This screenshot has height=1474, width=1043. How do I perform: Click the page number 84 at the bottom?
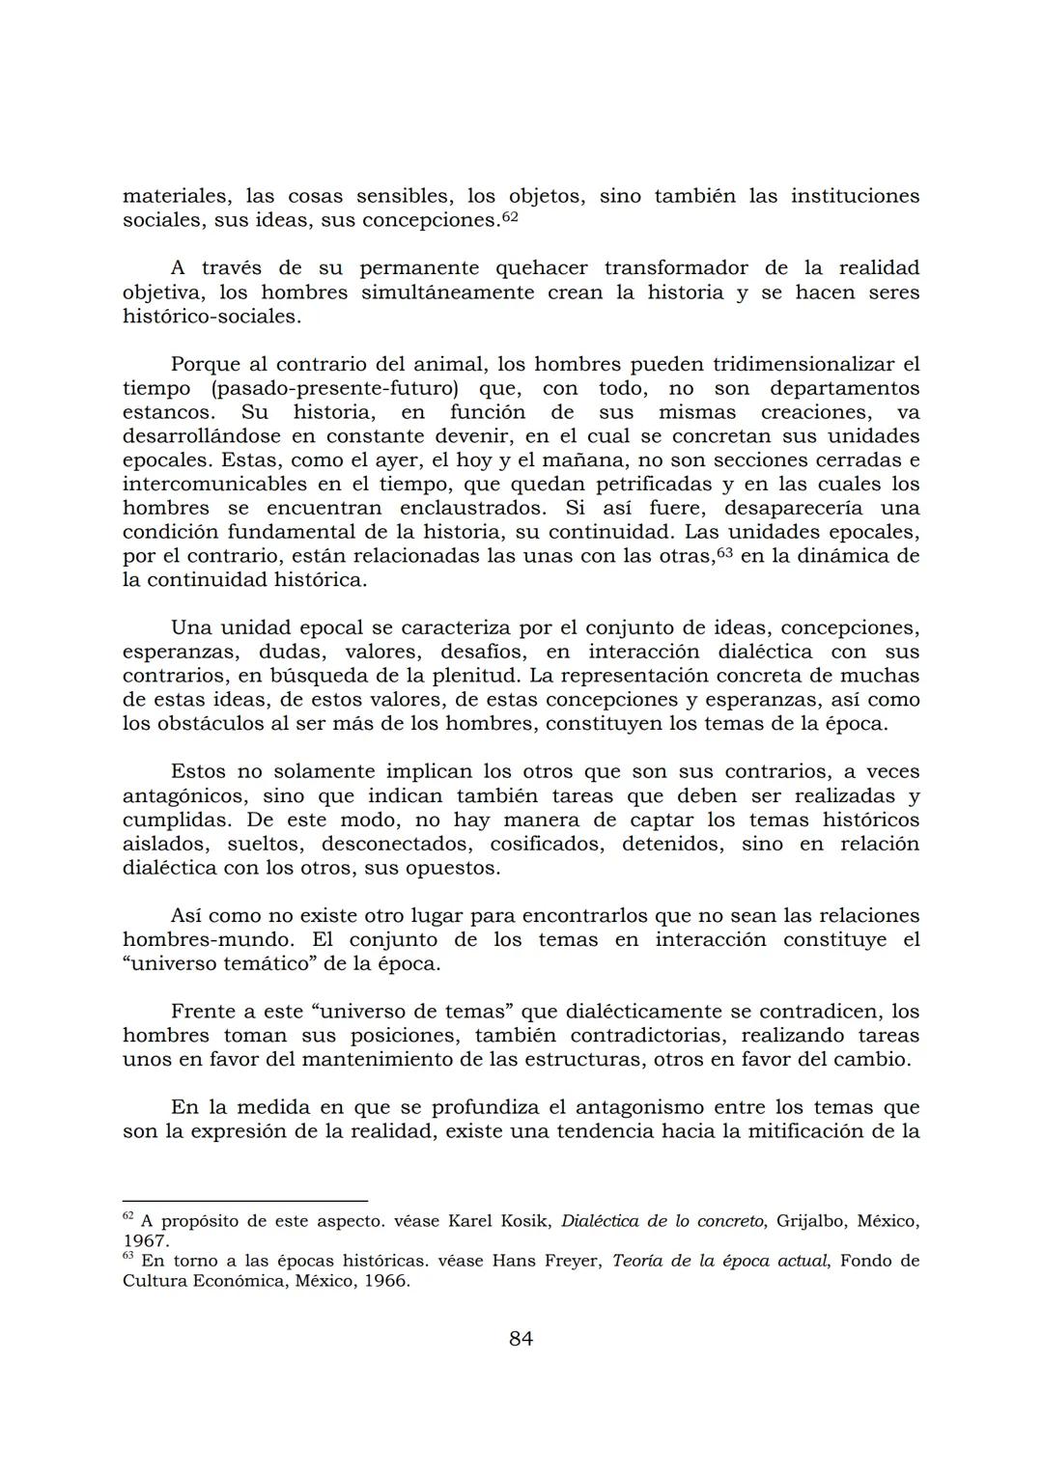point(521,1338)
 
